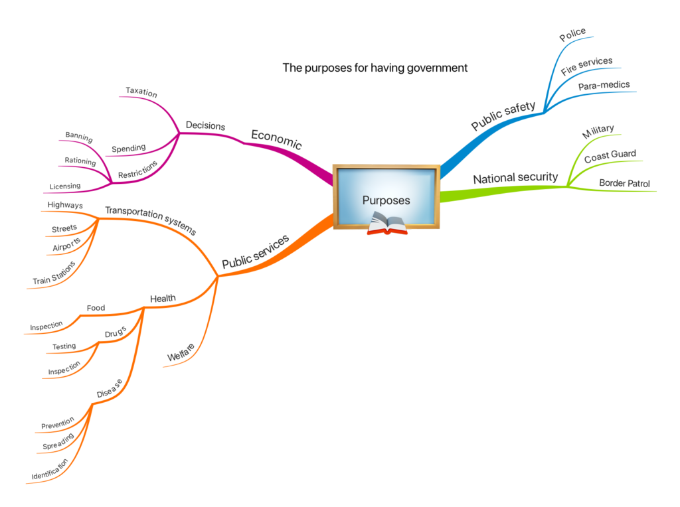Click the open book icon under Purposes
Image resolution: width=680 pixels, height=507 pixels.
click(x=386, y=223)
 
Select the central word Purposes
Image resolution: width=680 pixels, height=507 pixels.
click(x=386, y=200)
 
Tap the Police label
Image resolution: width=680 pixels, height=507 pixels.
click(x=572, y=35)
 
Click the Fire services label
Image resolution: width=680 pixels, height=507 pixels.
click(x=586, y=66)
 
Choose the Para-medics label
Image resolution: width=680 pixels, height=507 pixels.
click(x=603, y=86)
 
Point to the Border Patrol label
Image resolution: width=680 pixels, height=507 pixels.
click(x=624, y=183)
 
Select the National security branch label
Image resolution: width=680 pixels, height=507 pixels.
click(x=515, y=179)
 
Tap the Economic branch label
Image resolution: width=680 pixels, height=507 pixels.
click(x=276, y=139)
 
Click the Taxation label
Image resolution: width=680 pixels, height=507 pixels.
click(x=141, y=93)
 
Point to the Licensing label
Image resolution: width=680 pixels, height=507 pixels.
click(x=65, y=186)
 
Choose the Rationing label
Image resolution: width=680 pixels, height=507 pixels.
click(x=80, y=161)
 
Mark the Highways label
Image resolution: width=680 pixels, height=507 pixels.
click(x=65, y=205)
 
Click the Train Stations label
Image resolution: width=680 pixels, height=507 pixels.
click(x=54, y=273)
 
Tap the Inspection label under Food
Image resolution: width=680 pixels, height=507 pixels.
click(x=46, y=326)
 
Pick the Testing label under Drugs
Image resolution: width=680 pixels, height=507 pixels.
click(x=64, y=346)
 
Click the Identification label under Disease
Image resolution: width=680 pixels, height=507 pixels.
click(x=50, y=469)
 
